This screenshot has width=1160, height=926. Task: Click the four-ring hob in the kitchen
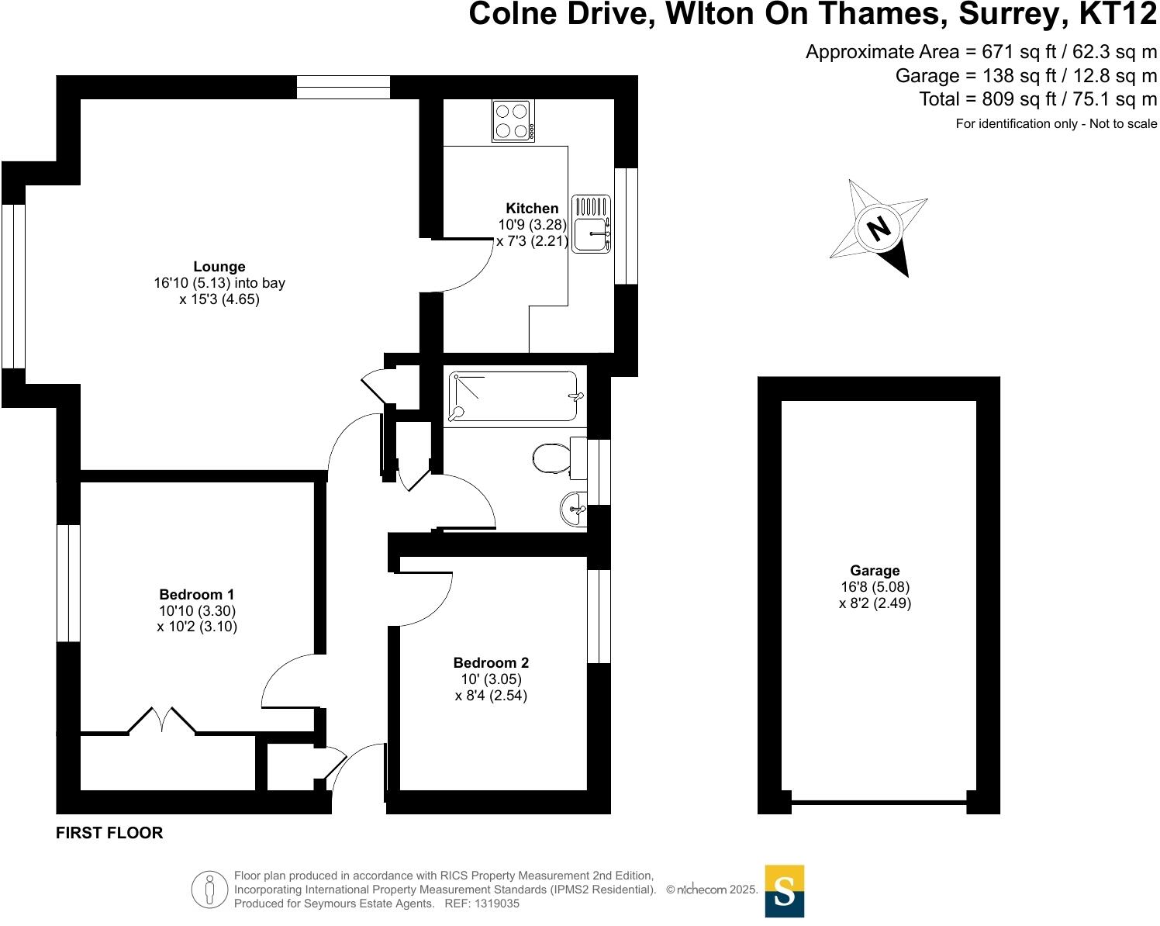513,121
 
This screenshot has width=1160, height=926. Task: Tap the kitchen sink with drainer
592,223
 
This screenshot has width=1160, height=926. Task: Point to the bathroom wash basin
574,510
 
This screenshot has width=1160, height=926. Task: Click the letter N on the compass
879,229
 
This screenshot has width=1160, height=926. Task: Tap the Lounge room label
219,267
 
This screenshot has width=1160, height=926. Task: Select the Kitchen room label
532,208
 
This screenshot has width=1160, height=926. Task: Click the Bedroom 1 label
197,594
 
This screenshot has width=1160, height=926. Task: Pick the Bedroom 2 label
491,662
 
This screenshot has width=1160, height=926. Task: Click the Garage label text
875,570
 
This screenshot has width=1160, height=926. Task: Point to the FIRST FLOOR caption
109,833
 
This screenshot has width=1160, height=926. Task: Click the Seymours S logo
784,891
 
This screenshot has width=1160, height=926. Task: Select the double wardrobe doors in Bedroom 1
161,720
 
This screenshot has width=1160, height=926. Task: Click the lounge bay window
13,285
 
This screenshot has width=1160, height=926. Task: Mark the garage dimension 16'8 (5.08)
875,586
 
